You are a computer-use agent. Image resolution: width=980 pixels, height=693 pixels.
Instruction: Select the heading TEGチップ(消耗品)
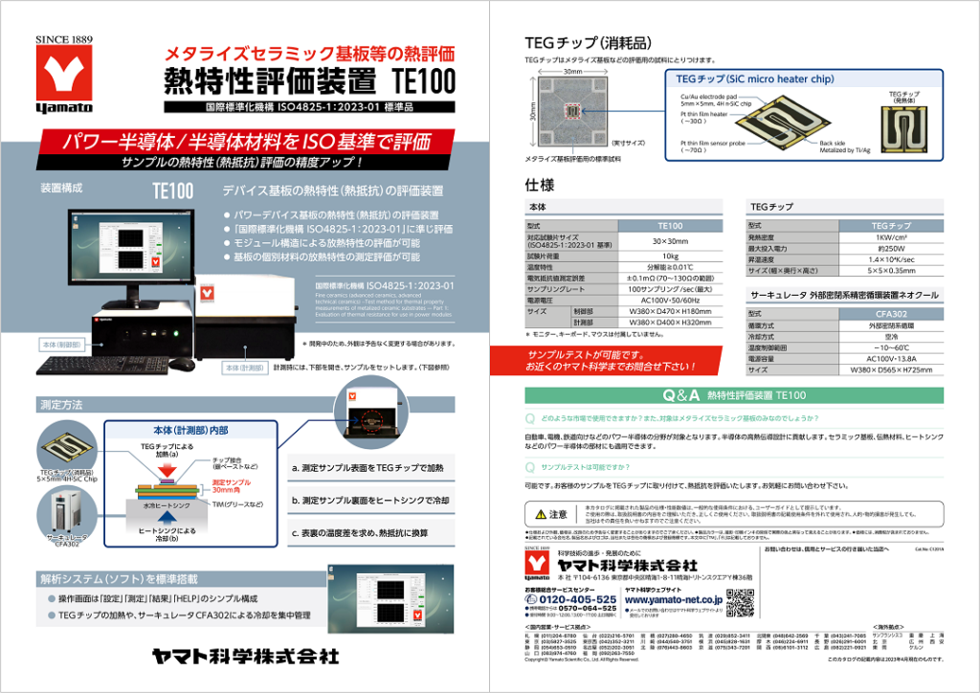(x=589, y=43)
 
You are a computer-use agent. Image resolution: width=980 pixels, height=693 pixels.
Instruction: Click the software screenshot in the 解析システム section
(x=399, y=609)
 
